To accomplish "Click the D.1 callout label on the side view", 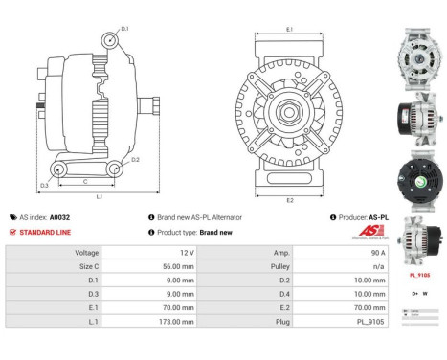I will pos(124,29).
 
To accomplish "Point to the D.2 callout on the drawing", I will pos(135,160).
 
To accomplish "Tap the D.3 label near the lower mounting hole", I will pos(45,185).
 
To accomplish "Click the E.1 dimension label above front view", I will pos(289,30).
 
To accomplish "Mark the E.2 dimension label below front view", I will pos(289,199).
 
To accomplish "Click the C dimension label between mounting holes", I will pos(86,179).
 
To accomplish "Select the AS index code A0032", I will pos(59,217).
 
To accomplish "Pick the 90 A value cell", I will pos(362,253).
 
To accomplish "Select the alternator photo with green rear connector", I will pos(418,179).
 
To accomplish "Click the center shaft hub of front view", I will pos(289,113).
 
